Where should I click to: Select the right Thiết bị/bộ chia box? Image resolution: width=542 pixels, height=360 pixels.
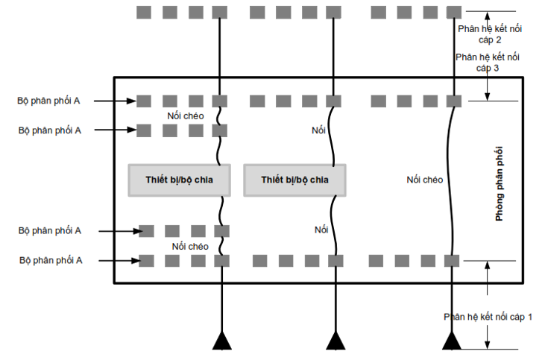(294, 180)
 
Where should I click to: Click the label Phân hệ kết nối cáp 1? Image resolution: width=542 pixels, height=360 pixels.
(488, 317)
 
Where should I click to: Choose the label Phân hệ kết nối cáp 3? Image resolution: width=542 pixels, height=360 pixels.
(488, 62)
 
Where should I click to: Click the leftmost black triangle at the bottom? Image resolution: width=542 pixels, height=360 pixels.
(221, 341)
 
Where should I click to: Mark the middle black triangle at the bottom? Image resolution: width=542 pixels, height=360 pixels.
(335, 341)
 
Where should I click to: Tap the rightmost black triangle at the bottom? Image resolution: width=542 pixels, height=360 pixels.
(451, 341)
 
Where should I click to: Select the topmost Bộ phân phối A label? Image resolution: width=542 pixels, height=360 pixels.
(50, 100)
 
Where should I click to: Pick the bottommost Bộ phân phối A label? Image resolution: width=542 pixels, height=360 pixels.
(50, 260)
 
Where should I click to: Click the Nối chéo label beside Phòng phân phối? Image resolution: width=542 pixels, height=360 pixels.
(425, 180)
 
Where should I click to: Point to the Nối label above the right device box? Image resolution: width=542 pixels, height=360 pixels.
(319, 130)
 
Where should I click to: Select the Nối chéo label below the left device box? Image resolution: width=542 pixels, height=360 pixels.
(190, 246)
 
